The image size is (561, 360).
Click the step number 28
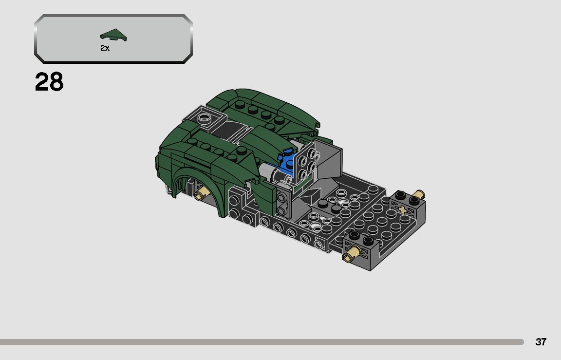49,82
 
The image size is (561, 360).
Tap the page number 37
541,342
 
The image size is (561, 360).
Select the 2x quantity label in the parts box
105,48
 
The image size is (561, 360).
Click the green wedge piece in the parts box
113,36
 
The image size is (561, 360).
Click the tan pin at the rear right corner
416,196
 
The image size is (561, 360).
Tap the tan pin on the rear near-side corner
352,253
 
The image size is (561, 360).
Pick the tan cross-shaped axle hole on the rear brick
403,210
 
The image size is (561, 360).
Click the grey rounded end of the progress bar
521,342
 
